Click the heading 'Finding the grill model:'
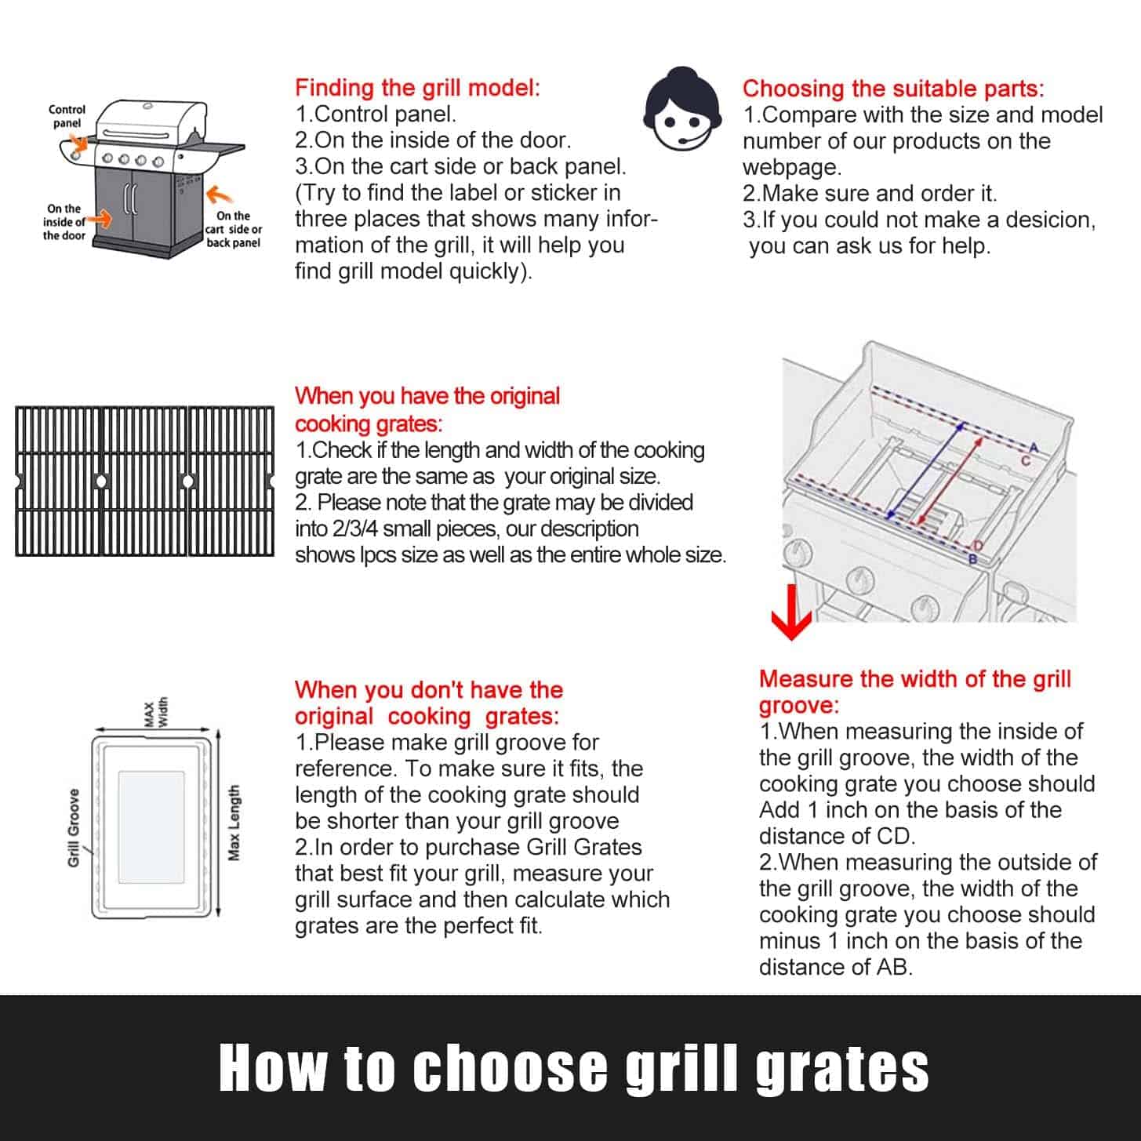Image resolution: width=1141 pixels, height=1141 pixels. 417,88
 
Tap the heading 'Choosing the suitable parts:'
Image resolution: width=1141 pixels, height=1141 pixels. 893,89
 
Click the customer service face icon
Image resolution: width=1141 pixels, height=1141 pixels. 682,109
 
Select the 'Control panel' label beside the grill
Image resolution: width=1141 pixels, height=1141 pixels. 67,116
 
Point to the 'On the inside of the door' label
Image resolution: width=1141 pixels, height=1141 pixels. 64,222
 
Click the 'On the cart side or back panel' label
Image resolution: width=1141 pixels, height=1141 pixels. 233,229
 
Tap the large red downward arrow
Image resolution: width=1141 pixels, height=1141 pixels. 791,612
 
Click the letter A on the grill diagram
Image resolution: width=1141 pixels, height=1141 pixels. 1034,447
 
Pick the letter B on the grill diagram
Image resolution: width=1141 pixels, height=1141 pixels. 972,559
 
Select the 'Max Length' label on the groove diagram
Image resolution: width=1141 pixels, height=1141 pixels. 234,823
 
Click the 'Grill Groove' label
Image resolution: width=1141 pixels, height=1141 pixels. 74,828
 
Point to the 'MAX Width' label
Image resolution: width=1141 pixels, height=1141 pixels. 156,712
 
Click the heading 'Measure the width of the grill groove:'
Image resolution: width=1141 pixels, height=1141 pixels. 915,692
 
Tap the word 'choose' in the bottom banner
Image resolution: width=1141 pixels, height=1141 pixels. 511,1067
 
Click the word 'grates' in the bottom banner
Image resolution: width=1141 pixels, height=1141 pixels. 842,1070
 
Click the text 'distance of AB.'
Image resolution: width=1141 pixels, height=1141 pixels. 836,968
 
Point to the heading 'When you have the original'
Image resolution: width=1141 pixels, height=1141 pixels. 427,396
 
